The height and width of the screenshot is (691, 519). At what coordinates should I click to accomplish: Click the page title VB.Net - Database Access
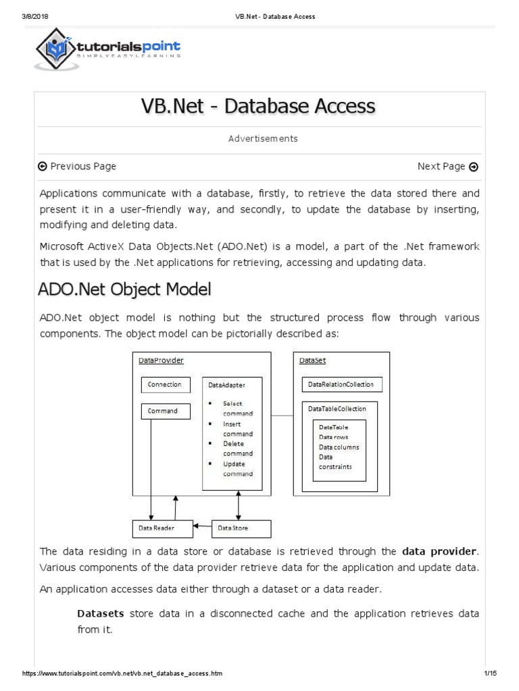pyautogui.click(x=258, y=107)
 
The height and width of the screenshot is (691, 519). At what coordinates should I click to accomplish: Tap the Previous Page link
pyautogui.click(x=77, y=167)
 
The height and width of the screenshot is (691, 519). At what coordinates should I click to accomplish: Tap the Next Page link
pyautogui.click(x=447, y=167)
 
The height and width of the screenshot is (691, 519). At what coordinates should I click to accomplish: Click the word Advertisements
pyautogui.click(x=263, y=138)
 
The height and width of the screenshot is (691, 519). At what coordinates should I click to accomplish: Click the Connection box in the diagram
pyautogui.click(x=164, y=385)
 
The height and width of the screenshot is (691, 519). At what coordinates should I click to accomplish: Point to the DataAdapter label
pyautogui.click(x=226, y=385)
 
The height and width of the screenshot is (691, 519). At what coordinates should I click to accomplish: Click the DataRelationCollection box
pyautogui.click(x=342, y=385)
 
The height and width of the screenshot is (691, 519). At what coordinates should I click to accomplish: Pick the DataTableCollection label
pyautogui.click(x=337, y=409)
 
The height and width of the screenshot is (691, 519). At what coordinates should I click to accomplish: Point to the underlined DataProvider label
pyautogui.click(x=161, y=361)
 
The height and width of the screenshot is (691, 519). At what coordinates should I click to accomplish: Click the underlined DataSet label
pyautogui.click(x=312, y=361)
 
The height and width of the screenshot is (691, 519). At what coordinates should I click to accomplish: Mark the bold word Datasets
pyautogui.click(x=101, y=614)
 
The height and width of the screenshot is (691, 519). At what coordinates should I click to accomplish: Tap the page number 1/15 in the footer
pyautogui.click(x=491, y=674)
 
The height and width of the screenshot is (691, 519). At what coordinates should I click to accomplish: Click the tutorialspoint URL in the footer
pyautogui.click(x=122, y=674)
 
